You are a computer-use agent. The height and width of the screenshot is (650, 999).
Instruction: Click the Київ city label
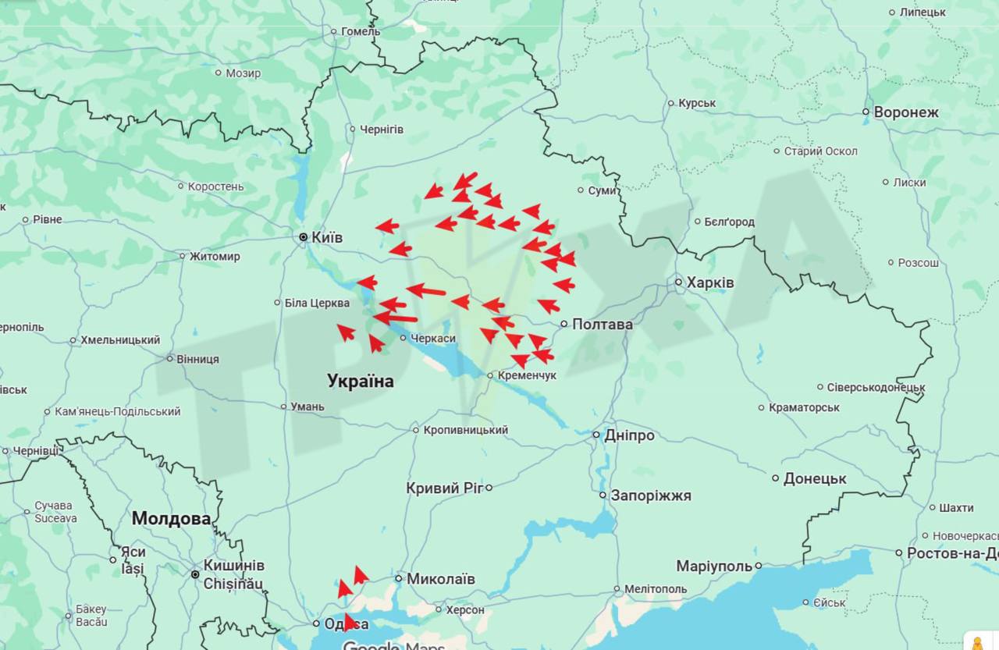point(326,237)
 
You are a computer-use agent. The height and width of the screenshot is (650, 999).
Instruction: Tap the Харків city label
point(710,282)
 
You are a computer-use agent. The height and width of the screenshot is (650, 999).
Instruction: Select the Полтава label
point(602,324)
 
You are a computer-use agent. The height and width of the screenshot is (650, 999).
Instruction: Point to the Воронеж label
point(906,112)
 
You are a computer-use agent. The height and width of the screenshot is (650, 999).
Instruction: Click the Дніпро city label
point(629,435)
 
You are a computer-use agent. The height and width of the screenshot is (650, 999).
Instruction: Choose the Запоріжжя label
point(650,495)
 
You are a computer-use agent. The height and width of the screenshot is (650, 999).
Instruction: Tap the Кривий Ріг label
point(444,488)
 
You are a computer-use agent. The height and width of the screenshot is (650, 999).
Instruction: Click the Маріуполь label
point(713,566)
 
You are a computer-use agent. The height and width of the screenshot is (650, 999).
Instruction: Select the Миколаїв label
point(440,579)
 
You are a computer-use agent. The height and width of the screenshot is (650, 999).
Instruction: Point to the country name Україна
point(360,381)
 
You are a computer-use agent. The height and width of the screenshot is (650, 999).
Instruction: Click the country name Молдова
point(171,518)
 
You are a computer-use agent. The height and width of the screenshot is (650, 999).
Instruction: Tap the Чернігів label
point(381,129)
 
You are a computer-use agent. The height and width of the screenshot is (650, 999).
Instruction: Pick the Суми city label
point(602,190)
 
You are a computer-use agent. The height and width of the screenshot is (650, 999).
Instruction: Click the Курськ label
point(697,103)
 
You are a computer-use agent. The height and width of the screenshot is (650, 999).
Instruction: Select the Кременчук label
point(527,376)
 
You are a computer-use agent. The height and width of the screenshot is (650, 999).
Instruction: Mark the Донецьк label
point(815,478)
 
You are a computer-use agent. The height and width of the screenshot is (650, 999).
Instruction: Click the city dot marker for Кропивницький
point(416,430)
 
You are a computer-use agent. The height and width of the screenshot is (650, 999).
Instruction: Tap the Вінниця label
point(197,359)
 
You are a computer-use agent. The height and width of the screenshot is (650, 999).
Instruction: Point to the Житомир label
point(215,256)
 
